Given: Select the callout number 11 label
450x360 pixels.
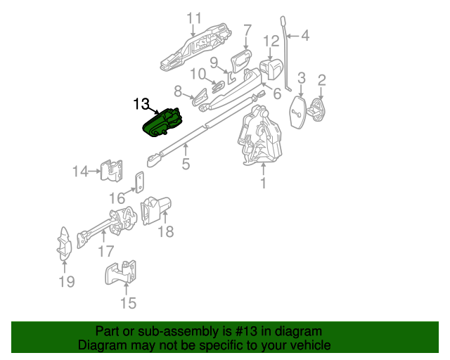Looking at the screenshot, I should click(x=194, y=18).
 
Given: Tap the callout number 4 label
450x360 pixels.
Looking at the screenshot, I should click(x=304, y=34).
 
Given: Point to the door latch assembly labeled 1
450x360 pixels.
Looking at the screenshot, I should click(x=261, y=138).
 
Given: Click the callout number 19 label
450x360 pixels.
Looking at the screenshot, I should click(x=65, y=283).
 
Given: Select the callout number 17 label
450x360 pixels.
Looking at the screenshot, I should click(x=105, y=250).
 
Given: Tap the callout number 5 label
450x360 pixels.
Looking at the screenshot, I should click(x=186, y=165).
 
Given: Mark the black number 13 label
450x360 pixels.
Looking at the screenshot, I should click(x=141, y=104).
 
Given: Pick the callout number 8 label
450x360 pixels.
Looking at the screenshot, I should click(x=179, y=91).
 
